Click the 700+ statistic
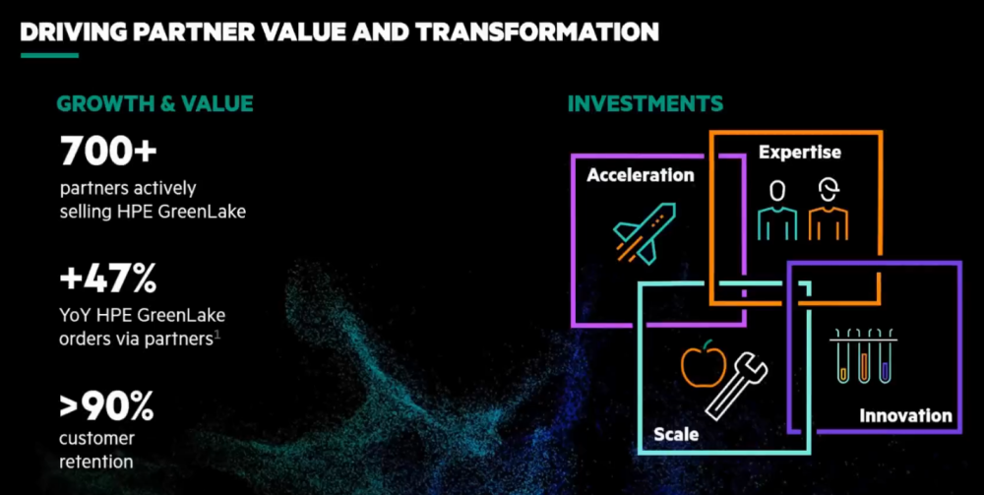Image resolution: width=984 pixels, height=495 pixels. [108, 152]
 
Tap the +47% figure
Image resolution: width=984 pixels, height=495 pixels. [108, 279]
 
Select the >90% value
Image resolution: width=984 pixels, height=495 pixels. [106, 408]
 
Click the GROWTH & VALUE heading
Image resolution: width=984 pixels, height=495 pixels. [155, 103]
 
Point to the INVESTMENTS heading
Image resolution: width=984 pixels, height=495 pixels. [646, 103]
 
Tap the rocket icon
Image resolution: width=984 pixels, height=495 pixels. [645, 232]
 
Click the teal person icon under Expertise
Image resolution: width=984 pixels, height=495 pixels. [777, 210]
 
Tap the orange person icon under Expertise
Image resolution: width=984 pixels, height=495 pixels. [829, 210]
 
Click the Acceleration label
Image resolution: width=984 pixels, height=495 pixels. [641, 175]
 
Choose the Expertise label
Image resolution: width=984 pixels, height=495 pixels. [799, 153]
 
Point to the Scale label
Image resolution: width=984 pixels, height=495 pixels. [676, 434]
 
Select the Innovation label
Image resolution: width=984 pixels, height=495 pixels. [905, 415]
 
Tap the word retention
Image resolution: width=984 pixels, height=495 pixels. [96, 463]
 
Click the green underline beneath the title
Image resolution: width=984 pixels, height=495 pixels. [49, 55]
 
